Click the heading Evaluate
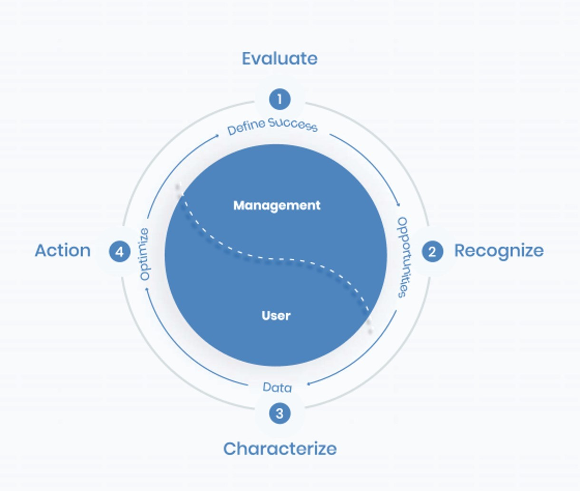tap(280, 58)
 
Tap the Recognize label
tap(499, 251)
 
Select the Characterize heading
tap(280, 449)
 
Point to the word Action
tap(63, 250)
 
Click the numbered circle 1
tap(280, 99)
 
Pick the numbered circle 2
tap(433, 251)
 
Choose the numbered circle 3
tap(280, 413)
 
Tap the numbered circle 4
tap(120, 251)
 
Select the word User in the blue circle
tap(276, 316)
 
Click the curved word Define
tap(246, 127)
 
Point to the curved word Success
tap(293, 125)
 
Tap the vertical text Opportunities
tap(404, 257)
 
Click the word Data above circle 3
tap(277, 387)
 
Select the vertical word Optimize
tap(145, 254)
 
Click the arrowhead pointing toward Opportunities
tap(398, 205)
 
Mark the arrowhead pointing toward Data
tap(309, 384)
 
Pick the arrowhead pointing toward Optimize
tap(147, 289)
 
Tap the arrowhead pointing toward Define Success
tap(217, 136)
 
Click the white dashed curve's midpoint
tap(276, 259)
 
